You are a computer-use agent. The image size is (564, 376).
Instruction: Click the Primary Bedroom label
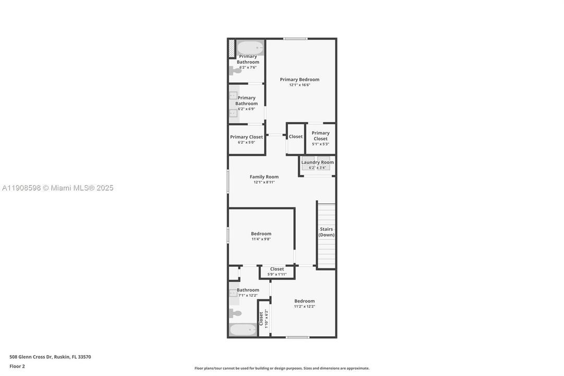coord(299,79)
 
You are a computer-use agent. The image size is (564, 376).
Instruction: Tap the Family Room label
coord(264,177)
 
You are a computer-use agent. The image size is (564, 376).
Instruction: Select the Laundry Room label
coord(317,162)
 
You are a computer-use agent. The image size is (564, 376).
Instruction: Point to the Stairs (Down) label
coord(327,232)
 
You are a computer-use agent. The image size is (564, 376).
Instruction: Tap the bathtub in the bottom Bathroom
coord(243,330)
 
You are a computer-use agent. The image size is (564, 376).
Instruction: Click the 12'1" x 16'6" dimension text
coord(299,85)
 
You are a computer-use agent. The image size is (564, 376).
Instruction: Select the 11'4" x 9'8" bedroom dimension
coord(261,239)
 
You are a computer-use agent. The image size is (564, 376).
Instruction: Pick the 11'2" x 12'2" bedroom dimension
coord(304,307)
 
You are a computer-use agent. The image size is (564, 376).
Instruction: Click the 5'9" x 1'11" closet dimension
coord(277,274)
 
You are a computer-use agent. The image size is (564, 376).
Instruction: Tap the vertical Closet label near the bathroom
coord(261,319)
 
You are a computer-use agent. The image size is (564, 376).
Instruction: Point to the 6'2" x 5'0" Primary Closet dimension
coord(247,143)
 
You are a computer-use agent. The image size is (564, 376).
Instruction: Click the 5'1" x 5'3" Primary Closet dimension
coord(320,144)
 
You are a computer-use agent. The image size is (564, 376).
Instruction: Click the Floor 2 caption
coord(17,366)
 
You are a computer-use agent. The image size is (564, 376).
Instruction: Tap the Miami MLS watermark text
coord(57,188)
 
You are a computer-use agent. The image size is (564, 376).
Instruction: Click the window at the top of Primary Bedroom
coord(295,39)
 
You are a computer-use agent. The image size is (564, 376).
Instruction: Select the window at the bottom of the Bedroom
coord(297,337)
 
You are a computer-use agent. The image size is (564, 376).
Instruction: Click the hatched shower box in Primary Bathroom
coord(232,48)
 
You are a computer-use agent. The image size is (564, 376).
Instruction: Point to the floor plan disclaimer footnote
coord(282,368)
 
